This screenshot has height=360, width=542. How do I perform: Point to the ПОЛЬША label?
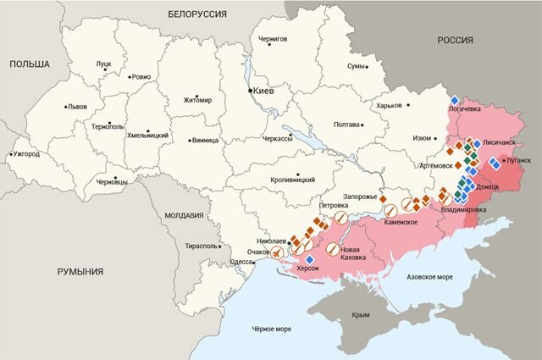click(28, 64)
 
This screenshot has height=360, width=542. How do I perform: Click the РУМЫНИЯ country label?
click(80, 271)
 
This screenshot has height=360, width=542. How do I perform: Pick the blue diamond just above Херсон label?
click(309, 258)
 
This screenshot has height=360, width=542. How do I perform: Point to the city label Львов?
click(77, 108)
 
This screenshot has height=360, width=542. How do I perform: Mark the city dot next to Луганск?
click(503, 160)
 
